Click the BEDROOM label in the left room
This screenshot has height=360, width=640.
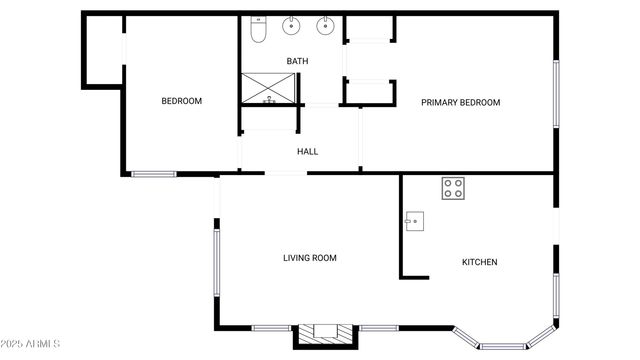coord(182,101)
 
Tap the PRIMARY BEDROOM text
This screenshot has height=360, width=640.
coord(460,102)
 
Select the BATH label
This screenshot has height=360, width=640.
coord(297,61)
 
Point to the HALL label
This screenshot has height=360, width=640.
coord(307,151)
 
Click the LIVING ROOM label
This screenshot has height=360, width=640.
coord(309,258)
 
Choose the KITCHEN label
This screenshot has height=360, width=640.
coord(479,262)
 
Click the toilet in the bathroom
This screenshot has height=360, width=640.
coord(258,30)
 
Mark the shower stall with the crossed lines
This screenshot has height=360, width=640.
coord(270,88)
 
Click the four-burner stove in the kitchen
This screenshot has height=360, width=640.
coord(453,188)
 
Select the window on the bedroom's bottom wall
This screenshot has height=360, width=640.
coord(154,175)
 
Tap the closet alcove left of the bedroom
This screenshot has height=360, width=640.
coord(102,50)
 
